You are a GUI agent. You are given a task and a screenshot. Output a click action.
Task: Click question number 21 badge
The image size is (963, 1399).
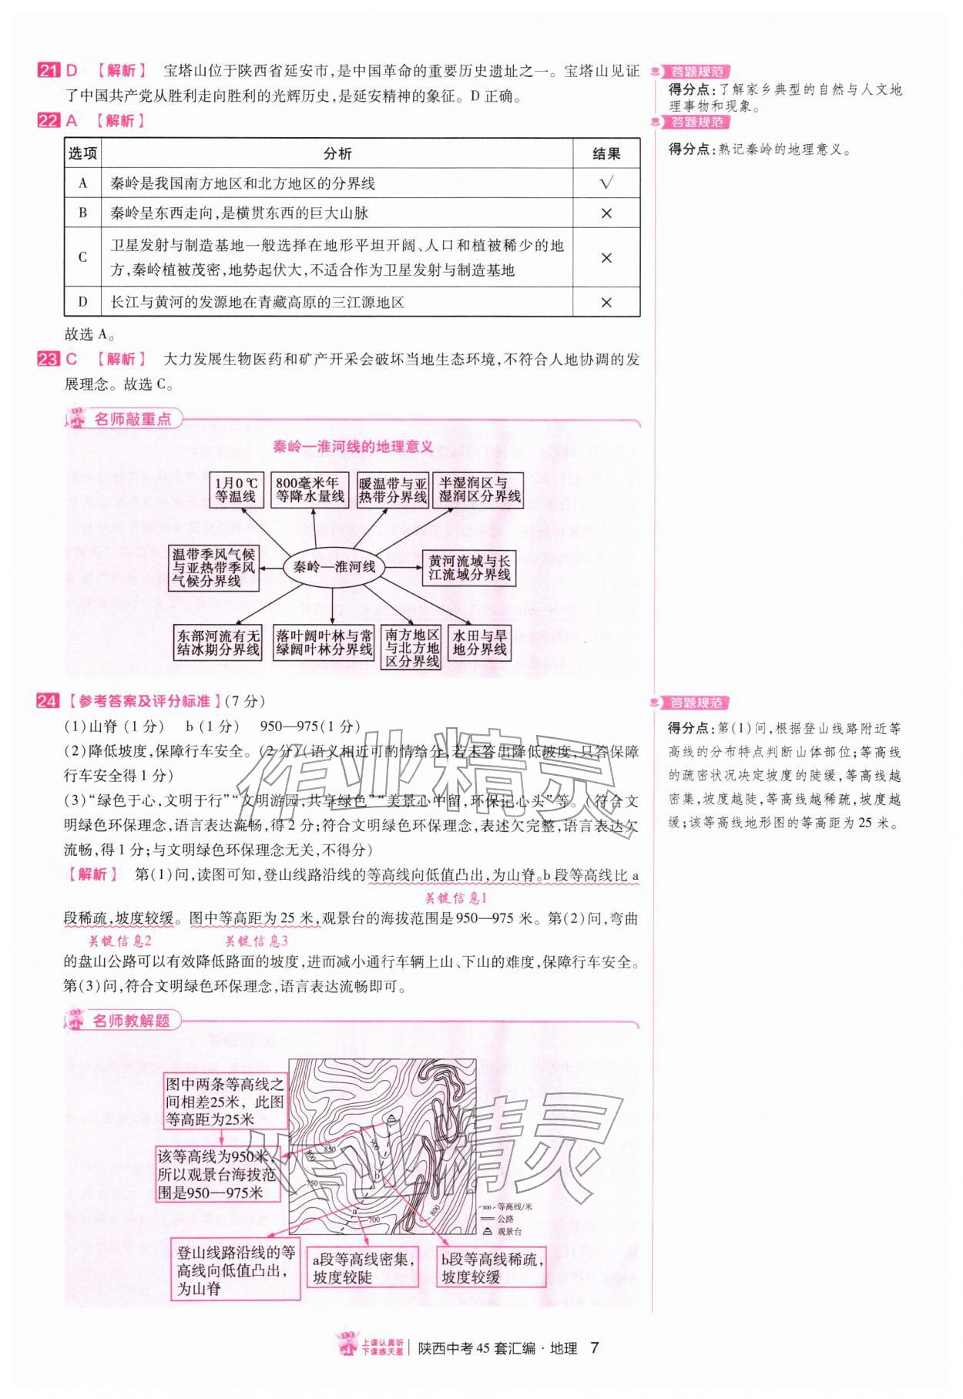(48, 71)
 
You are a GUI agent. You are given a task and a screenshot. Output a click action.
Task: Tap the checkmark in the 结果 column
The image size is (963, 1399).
(606, 183)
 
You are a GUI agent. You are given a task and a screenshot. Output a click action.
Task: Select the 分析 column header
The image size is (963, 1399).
(337, 153)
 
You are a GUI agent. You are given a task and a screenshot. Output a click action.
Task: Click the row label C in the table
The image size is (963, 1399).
(82, 257)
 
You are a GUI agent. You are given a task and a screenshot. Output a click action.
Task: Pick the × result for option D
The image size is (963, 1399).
(606, 302)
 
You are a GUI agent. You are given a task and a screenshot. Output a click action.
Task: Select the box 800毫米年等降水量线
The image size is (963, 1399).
(311, 490)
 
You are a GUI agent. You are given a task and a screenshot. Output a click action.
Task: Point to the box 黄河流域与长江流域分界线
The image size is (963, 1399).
(469, 568)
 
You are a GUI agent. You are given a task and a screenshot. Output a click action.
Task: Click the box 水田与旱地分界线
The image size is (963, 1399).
(479, 642)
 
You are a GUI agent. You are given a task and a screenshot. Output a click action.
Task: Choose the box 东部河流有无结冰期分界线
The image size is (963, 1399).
(219, 642)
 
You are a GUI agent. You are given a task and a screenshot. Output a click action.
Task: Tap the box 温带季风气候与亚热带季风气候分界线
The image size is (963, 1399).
(213, 568)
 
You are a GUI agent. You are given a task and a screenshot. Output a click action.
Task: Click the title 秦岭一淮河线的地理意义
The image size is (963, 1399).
(353, 447)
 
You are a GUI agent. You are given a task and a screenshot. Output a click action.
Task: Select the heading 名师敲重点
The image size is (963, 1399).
(132, 420)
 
